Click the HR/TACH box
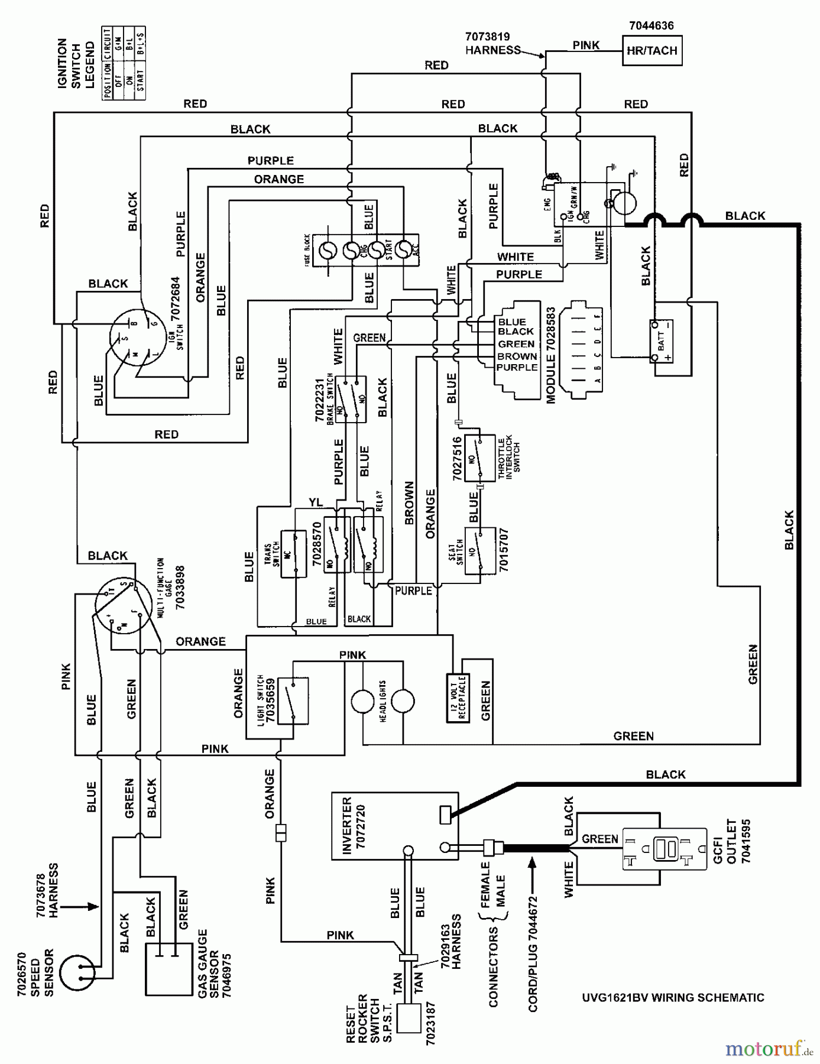coord(652,51)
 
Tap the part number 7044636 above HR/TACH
coord(651,25)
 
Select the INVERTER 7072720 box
coord(394,826)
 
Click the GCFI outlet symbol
coord(665,849)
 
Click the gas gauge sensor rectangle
coord(168,968)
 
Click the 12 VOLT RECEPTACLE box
coord(458,698)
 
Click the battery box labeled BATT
coord(662,341)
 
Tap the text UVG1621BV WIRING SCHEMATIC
coord(673,998)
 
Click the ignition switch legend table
coord(124,63)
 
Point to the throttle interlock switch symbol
coord(479,457)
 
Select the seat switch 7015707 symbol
coord(479,551)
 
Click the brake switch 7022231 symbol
coord(350,400)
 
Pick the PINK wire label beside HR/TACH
coord(585,45)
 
